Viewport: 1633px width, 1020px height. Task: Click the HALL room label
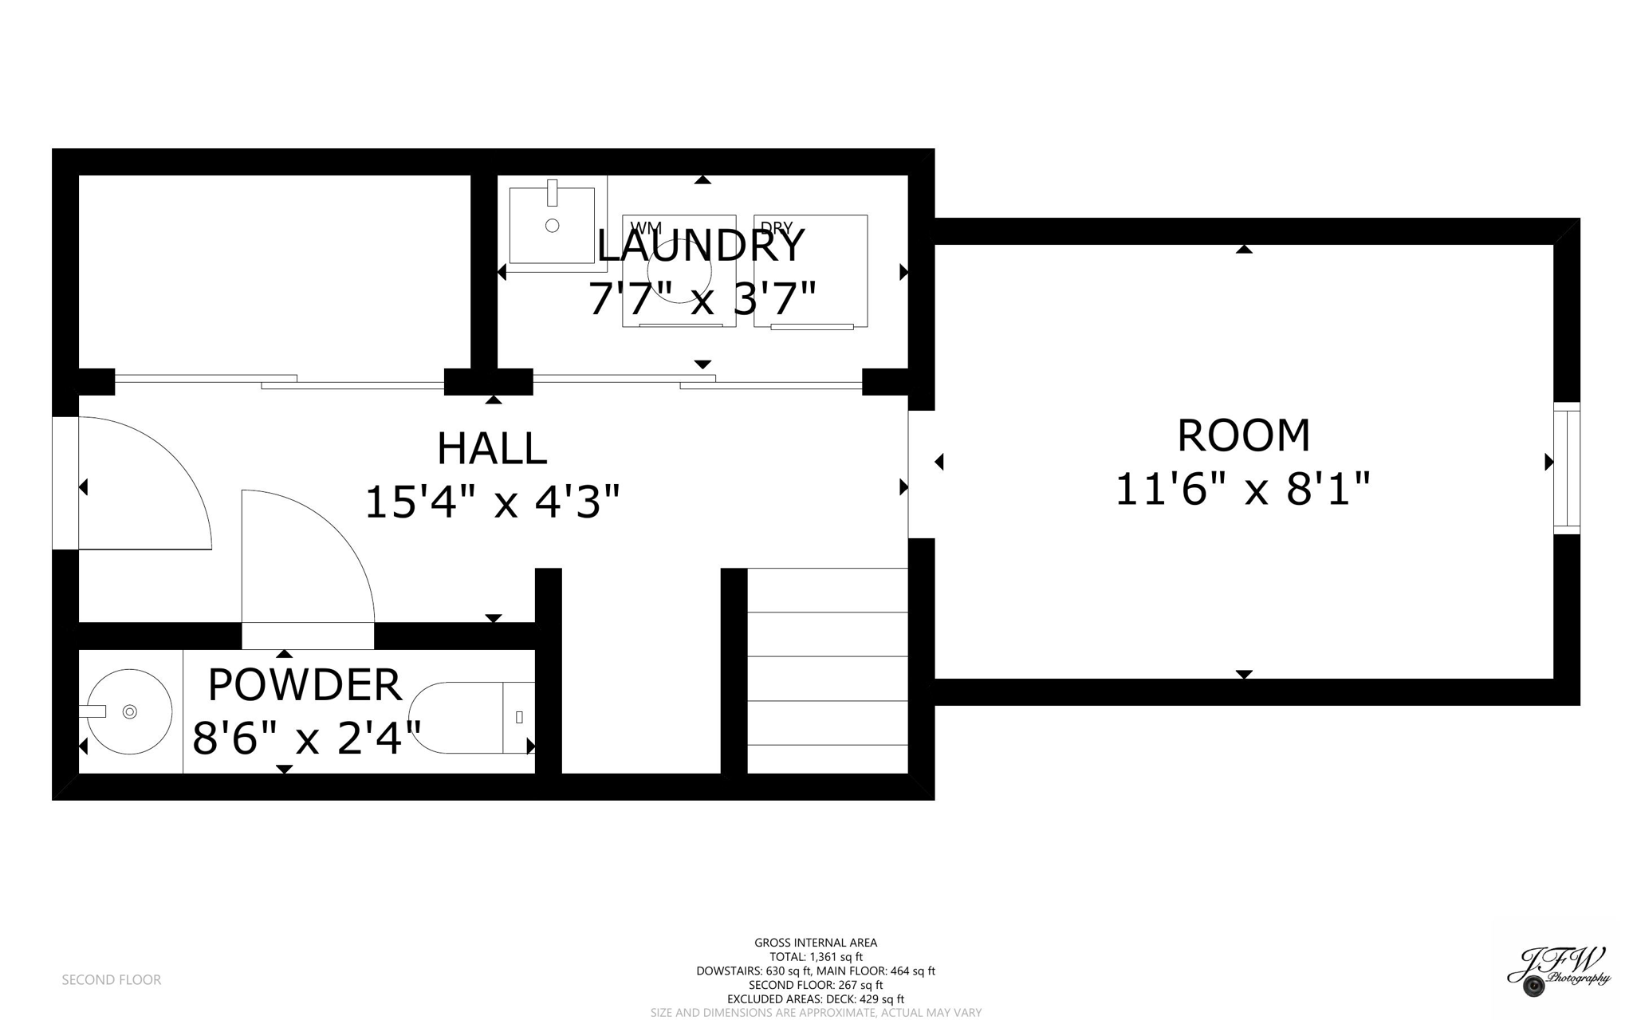tap(491, 448)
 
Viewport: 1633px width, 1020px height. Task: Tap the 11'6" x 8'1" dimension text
tap(1241, 489)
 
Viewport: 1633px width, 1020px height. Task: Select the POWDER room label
tap(304, 685)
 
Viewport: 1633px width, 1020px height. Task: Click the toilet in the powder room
tap(470, 717)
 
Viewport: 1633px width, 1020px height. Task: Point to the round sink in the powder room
tap(129, 711)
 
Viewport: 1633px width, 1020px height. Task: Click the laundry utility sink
tap(552, 225)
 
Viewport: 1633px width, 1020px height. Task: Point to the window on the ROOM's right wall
tap(1566, 468)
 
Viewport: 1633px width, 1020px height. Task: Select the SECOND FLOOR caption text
tap(112, 979)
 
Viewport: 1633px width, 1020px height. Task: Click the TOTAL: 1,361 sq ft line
tap(815, 957)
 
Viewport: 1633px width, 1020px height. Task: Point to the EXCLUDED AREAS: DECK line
tap(815, 998)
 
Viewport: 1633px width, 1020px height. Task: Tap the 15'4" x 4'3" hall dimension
tap(492, 502)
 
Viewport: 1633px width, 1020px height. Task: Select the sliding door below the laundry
tap(698, 382)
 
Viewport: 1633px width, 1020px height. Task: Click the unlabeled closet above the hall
tap(274, 271)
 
